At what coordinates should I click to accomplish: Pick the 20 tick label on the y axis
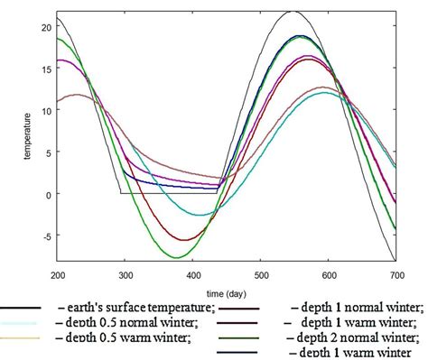point(45,27)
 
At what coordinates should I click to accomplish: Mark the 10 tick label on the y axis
point(45,110)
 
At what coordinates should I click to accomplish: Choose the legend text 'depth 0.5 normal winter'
point(131,322)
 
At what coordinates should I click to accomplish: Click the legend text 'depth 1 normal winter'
point(354,307)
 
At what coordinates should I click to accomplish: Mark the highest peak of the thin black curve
point(293,12)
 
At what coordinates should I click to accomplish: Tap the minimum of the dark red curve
point(186,240)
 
